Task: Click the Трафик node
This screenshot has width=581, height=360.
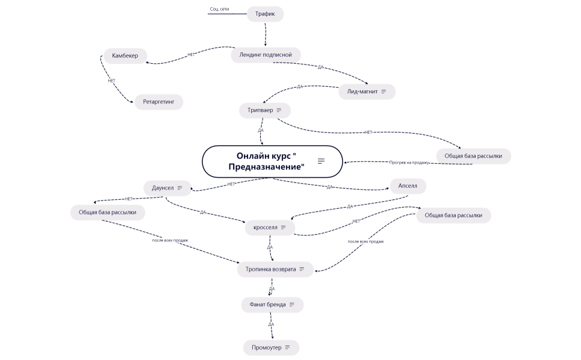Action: coord(265,14)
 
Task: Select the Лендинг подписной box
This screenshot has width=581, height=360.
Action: coord(265,55)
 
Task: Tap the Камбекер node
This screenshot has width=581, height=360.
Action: coord(125,56)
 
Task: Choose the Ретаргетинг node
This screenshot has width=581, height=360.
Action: coord(158,102)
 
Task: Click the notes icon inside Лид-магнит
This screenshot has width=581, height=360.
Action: coord(384,92)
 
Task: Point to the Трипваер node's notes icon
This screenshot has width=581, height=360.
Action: coord(279,111)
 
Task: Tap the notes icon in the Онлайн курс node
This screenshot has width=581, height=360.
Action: coord(321,161)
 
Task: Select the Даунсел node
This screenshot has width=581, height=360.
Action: coord(163,188)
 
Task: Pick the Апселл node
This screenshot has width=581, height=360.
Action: coord(408,187)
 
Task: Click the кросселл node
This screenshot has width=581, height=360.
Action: coord(265,228)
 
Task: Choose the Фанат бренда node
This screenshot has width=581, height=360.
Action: coord(268,305)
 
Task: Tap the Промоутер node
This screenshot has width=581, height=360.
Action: coord(267,347)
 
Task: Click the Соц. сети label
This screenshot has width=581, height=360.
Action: coord(219,10)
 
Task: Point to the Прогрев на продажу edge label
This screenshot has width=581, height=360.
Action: coord(409,163)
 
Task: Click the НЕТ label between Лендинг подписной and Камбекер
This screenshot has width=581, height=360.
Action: coord(191,55)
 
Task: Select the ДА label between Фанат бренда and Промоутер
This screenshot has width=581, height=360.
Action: coord(271,324)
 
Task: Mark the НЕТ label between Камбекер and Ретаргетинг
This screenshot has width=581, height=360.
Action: coord(111,81)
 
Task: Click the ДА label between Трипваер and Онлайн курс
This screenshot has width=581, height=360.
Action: coord(261,130)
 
